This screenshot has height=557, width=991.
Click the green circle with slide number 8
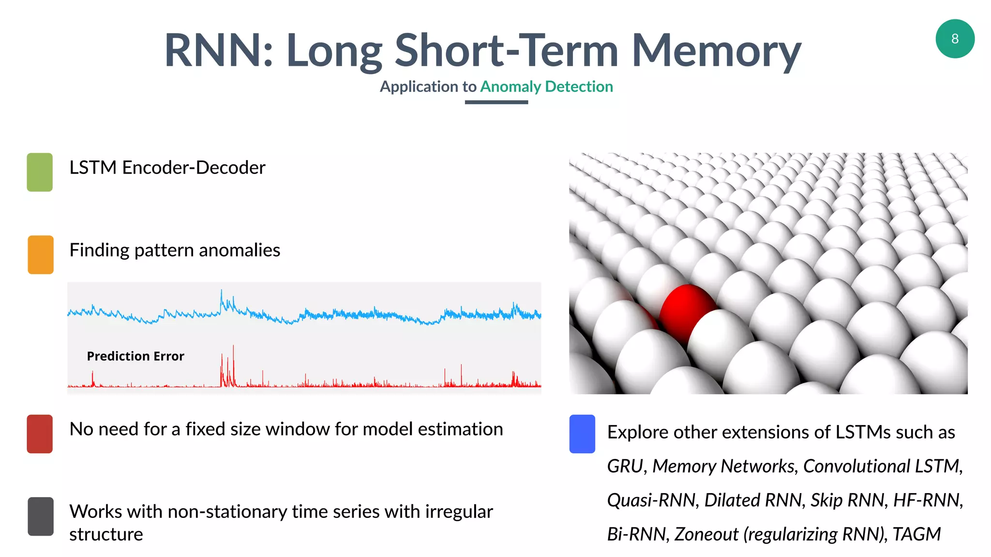[x=955, y=39]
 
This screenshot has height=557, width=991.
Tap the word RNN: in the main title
[x=219, y=51]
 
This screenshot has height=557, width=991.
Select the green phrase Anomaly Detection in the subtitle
[x=546, y=87]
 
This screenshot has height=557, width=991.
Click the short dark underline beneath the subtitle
[x=496, y=102]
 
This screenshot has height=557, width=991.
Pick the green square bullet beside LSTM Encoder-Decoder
[x=40, y=172]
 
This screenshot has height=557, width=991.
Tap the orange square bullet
[x=41, y=255]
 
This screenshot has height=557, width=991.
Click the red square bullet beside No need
[x=40, y=434]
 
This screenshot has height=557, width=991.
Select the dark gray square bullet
[x=41, y=516]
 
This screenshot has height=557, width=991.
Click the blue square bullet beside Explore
[x=582, y=434]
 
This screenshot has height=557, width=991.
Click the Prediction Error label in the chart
[x=135, y=356]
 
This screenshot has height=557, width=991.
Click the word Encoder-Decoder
[x=194, y=168]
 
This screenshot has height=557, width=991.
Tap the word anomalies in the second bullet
[x=239, y=250]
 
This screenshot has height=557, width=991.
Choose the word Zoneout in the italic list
[x=706, y=534]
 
